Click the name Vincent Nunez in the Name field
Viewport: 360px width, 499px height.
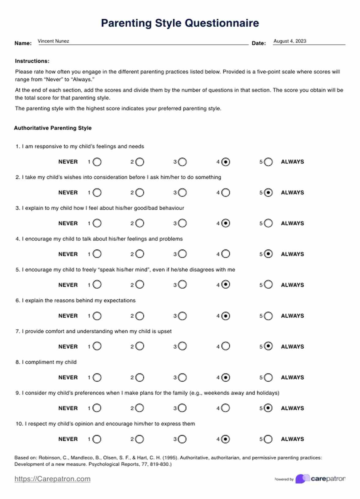coord(53,41)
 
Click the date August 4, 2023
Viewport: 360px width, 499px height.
coord(290,41)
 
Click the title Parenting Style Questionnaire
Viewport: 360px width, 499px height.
coord(180,23)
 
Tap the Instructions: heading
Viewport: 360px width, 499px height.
coord(32,61)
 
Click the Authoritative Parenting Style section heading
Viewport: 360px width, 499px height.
coord(53,128)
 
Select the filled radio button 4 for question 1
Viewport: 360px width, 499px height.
coord(226,162)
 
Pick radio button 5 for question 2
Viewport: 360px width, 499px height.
coord(268,193)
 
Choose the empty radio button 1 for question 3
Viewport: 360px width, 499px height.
coord(97,223)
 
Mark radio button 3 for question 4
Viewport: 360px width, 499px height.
coord(182,254)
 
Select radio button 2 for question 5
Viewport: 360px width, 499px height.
coord(140,285)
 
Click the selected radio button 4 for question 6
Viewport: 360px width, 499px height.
coord(226,316)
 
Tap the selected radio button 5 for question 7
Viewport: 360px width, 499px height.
coord(268,346)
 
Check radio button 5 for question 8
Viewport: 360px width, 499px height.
coord(268,377)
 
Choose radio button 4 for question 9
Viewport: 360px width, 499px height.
coord(226,408)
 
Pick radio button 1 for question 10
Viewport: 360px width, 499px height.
coord(97,439)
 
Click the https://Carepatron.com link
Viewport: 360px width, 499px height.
coord(52,479)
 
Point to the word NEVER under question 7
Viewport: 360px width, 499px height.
coord(68,347)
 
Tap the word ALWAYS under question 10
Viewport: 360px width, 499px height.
coord(292,439)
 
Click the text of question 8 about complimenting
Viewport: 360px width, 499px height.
coord(49,362)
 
